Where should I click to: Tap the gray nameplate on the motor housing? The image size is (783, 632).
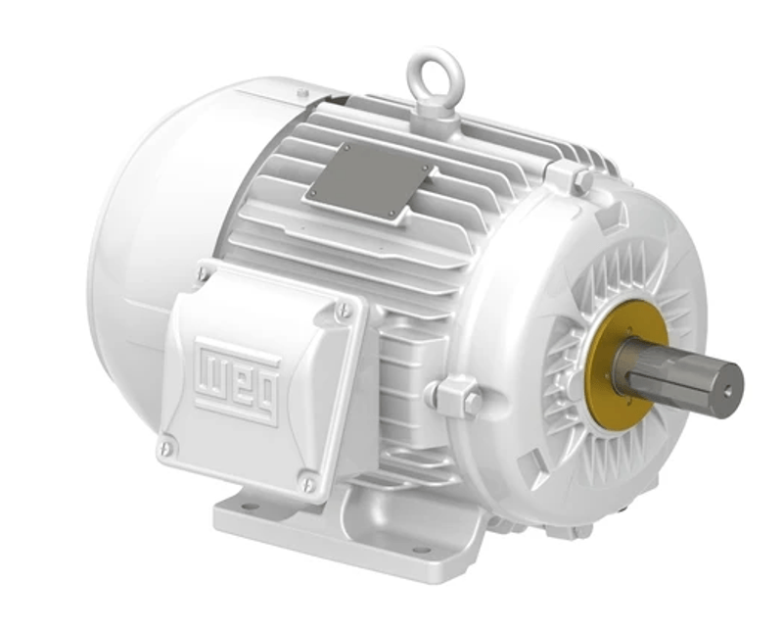(370, 180)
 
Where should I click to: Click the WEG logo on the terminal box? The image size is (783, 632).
(237, 381)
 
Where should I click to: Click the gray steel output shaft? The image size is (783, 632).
(684, 375)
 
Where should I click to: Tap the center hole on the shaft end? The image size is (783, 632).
(728, 392)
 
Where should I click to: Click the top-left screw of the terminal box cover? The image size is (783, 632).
(202, 273)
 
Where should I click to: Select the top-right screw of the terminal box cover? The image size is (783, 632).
(345, 310)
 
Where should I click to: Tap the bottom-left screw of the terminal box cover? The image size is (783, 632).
(166, 449)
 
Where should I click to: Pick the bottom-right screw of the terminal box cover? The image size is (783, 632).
(308, 483)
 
